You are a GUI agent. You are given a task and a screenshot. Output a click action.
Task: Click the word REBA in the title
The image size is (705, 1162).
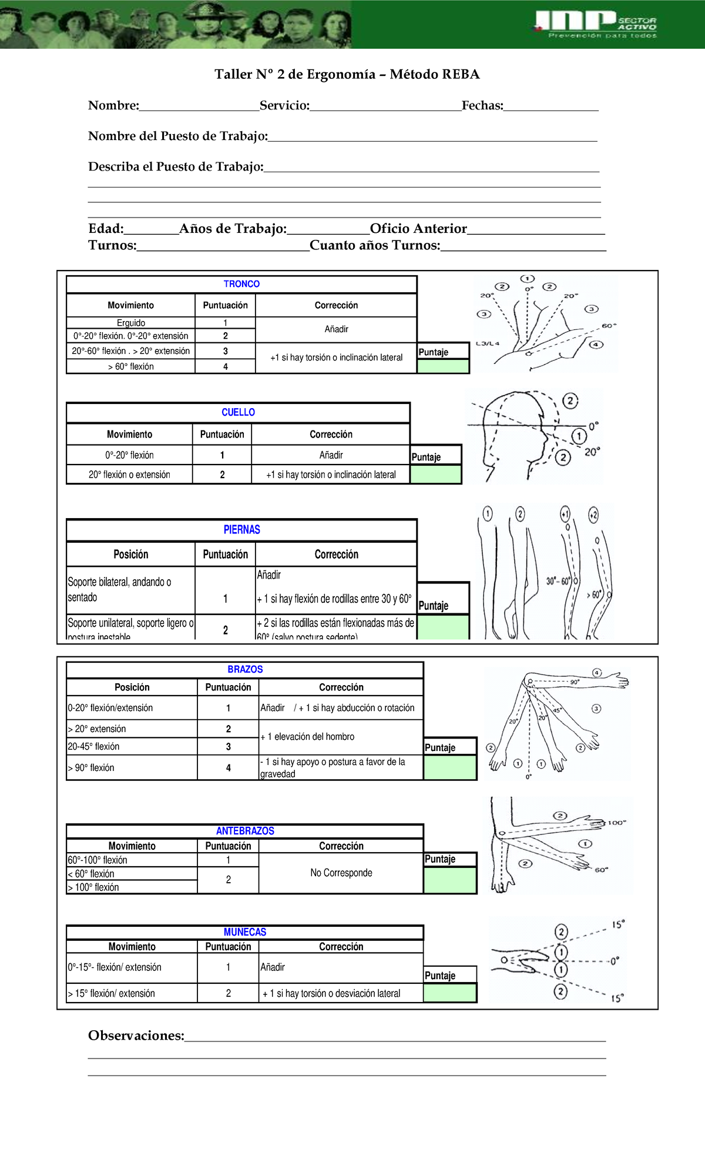tap(461, 74)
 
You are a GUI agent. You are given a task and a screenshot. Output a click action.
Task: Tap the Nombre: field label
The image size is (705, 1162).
tap(113, 106)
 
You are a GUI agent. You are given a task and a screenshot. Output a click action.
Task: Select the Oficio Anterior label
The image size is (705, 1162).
tap(418, 229)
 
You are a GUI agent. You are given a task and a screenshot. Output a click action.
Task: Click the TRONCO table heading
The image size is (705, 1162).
tap(241, 284)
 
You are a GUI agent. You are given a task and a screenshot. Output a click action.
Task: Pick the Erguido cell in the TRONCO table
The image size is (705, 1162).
tap(130, 323)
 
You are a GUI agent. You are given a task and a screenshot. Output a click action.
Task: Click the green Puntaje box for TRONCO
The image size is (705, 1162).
tap(443, 366)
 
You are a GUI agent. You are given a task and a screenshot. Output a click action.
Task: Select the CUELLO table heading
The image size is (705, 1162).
tap(238, 412)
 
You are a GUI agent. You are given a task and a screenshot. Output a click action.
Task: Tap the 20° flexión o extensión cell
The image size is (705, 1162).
tap(129, 475)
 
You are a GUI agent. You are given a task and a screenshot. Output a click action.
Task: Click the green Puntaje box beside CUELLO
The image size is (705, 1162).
tap(435, 475)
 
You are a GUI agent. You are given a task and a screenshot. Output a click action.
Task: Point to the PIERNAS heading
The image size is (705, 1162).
tap(241, 530)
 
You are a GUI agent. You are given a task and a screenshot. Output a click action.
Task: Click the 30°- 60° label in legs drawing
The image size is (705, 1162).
tap(558, 581)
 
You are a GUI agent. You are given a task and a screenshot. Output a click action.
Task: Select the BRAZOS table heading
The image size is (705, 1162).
tap(245, 669)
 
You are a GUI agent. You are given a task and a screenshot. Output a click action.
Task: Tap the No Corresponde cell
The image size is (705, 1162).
tap(341, 873)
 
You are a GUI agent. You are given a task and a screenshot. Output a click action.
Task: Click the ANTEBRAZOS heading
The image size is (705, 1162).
tap(245, 831)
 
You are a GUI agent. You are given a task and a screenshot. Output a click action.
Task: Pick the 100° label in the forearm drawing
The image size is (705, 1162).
tap(616, 823)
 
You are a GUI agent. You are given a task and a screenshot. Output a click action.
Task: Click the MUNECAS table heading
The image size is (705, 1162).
tap(245, 932)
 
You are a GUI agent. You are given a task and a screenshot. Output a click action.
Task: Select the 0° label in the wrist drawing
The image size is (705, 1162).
tap(614, 961)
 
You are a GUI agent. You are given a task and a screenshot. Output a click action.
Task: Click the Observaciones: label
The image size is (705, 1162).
tap(136, 1036)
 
